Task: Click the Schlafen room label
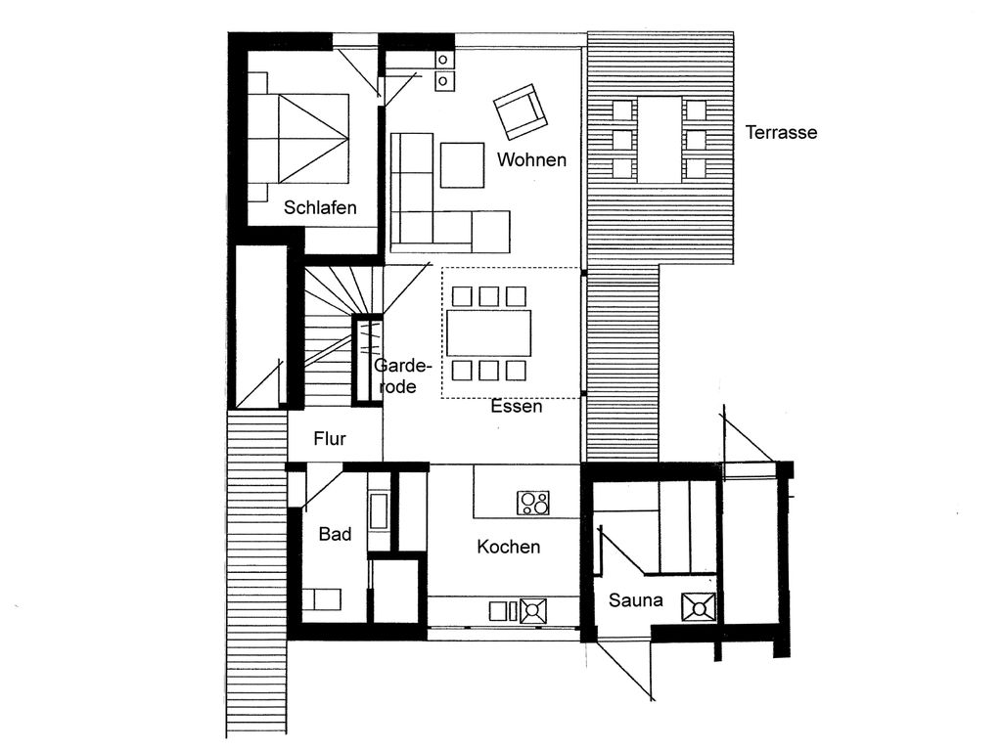pos(320,207)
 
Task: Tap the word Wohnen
pos(531,159)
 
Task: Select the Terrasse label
pos(781,132)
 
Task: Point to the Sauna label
pos(635,600)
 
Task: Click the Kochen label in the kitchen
pos(509,547)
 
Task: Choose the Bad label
pos(335,534)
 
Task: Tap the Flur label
pos(330,439)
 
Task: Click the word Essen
pos(517,406)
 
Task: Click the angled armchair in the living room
pos(521,111)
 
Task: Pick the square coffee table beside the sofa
pos(462,164)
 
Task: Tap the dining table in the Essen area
pos(489,332)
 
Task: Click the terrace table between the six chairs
pos(660,139)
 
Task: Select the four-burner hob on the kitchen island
pos(533,503)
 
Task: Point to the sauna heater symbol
pos(699,606)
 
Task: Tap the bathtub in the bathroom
pos(379,510)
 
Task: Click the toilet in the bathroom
pos(322,599)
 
